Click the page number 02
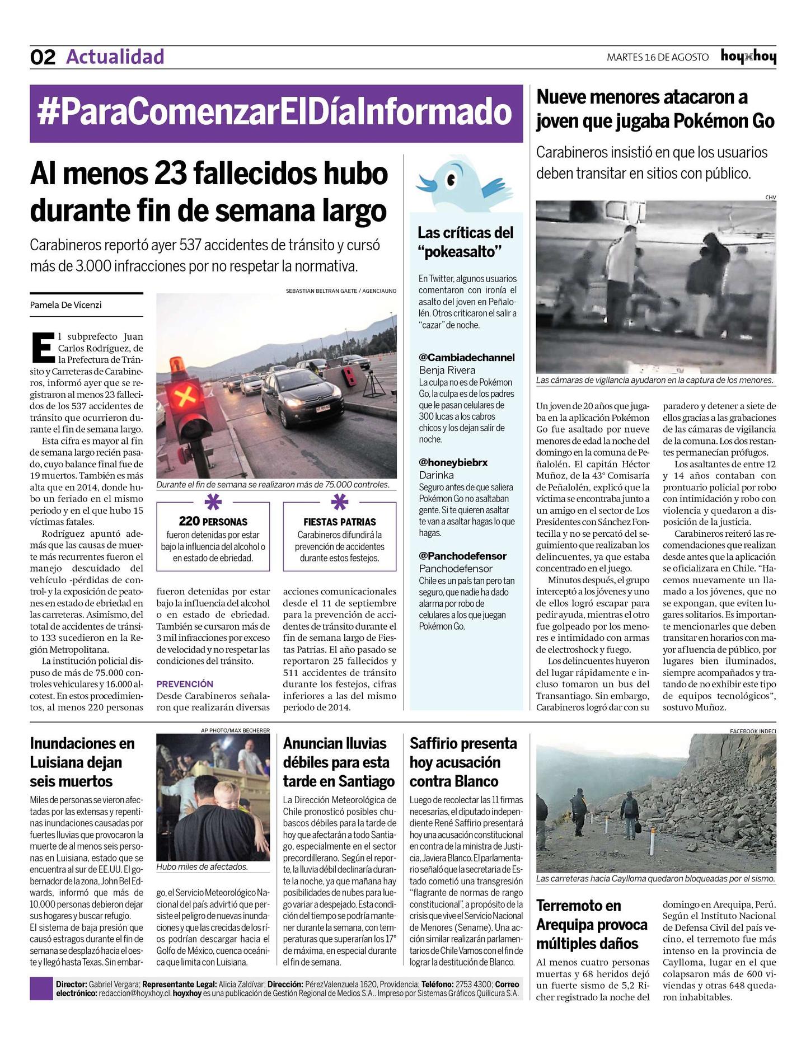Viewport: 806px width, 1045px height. (43, 57)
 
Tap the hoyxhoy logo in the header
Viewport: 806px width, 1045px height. (748, 57)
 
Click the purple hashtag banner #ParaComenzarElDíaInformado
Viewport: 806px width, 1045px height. (275, 113)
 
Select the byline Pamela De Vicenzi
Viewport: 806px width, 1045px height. (66, 305)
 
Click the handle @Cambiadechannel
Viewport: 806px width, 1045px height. (466, 357)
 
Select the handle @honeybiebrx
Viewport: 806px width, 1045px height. (453, 462)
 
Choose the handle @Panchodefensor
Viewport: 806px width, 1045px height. (462, 556)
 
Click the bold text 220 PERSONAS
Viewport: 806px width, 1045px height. (213, 521)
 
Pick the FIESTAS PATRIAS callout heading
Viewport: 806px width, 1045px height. (340, 522)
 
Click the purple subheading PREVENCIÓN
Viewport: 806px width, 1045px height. (185, 684)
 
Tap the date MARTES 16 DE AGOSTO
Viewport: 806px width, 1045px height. (657, 57)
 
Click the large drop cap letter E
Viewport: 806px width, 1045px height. (43, 347)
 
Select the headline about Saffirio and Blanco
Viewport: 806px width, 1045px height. (463, 762)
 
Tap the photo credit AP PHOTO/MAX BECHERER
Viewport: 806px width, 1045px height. (235, 730)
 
